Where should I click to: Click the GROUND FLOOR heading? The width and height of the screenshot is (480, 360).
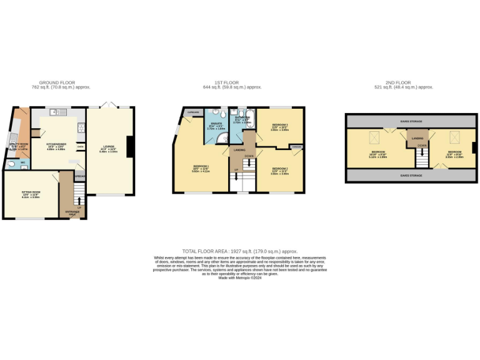(x=57, y=82)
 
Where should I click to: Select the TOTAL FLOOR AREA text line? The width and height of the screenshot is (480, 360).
(x=240, y=250)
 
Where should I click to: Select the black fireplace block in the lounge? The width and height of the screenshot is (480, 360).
(x=129, y=147)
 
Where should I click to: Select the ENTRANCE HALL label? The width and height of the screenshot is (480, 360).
(x=72, y=214)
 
